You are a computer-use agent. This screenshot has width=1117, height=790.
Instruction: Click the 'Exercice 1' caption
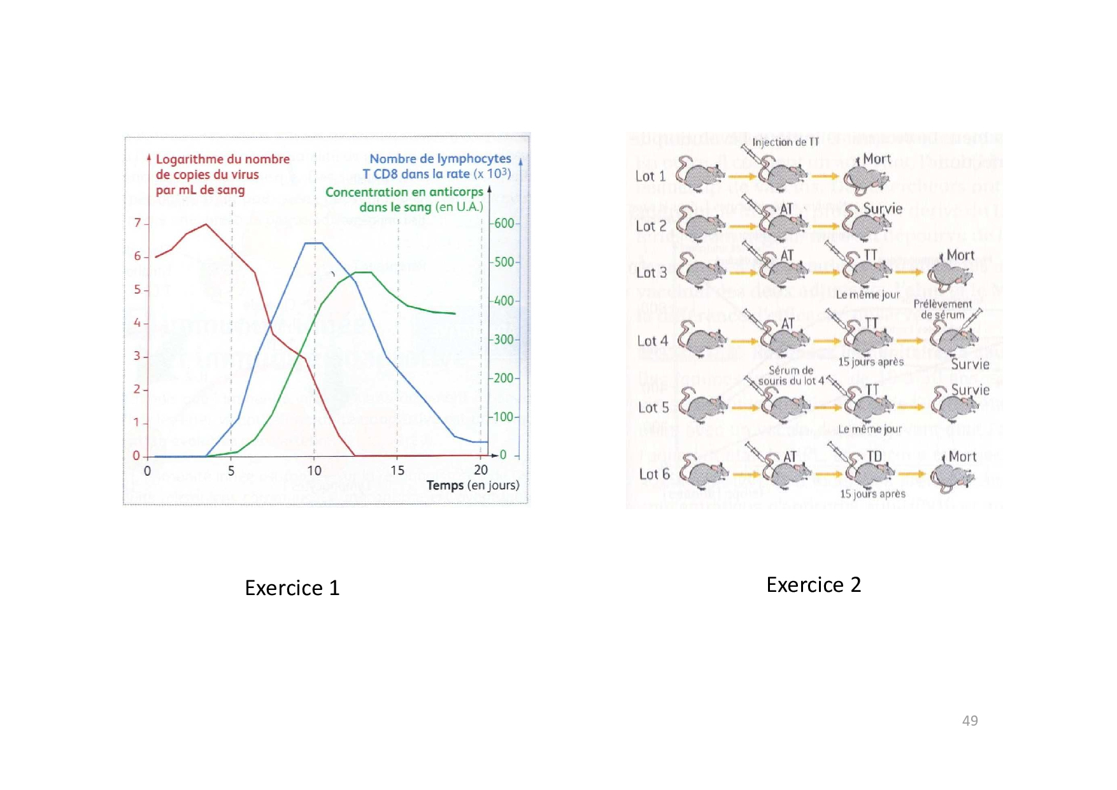pos(292,587)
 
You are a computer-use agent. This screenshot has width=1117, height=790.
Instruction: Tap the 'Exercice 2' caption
pos(813,584)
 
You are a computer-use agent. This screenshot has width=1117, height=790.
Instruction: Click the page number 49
pos(969,721)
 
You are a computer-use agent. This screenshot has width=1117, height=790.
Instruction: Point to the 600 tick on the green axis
pos(504,224)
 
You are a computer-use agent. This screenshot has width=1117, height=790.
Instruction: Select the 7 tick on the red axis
pos(138,223)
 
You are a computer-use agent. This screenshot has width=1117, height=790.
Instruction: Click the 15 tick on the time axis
pos(397,470)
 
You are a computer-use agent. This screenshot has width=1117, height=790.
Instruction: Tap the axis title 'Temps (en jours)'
pos(473,485)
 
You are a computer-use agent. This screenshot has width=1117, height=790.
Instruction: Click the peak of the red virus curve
pos(205,224)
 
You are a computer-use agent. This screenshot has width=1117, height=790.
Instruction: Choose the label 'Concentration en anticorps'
pos(404,192)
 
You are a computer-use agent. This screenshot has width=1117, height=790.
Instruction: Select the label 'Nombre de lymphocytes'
pos(440,159)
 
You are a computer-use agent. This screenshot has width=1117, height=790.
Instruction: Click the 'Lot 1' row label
pos(650,176)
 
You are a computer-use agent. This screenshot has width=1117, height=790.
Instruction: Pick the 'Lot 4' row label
pos(652,341)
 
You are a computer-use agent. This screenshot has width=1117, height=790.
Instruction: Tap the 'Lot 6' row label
pos(654,474)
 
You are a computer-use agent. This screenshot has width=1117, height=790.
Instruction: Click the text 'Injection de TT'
pos(785,142)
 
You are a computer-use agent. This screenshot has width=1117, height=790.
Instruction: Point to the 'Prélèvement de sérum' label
pos(943,309)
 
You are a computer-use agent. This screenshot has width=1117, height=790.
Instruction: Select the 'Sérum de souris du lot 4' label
pos(790,375)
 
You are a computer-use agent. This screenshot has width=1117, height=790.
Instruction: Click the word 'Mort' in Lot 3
pos(960,255)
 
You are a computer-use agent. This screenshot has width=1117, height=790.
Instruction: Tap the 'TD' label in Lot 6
pos(874,456)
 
